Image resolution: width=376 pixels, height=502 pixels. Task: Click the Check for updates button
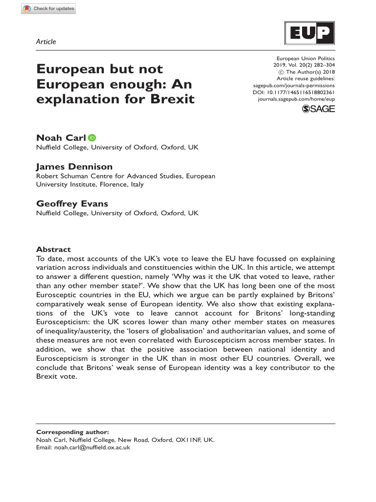pyautogui.click(x=48, y=8)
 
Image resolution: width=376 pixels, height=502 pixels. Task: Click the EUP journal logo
pyautogui.click(x=310, y=34)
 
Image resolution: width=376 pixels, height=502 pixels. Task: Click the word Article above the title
pyautogui.click(x=46, y=42)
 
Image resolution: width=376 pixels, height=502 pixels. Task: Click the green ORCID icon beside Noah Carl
pyautogui.click(x=92, y=138)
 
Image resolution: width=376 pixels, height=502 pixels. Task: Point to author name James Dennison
pyautogui.click(x=74, y=167)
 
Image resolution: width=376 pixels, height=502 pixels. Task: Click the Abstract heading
pyautogui.click(x=53, y=250)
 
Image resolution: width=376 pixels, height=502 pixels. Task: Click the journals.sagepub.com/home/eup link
pyautogui.click(x=296, y=99)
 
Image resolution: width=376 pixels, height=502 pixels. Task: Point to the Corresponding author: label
pyautogui.click(x=72, y=432)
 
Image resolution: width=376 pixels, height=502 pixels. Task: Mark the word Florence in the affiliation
pyautogui.click(x=114, y=185)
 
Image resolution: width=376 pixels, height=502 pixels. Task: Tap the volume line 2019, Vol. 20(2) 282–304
pyautogui.click(x=304, y=65)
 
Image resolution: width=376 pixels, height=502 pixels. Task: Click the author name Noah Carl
pyautogui.click(x=61, y=138)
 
